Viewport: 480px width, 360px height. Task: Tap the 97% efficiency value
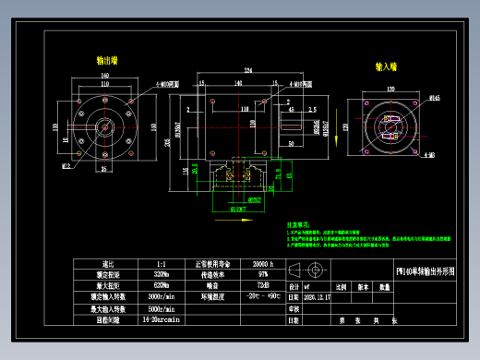pos(264,274)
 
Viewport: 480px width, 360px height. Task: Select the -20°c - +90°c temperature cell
pos(264,296)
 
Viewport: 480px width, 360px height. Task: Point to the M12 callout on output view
pos(66,167)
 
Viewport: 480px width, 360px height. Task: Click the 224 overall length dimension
pos(247,70)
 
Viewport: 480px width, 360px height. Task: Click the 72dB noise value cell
pos(264,285)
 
